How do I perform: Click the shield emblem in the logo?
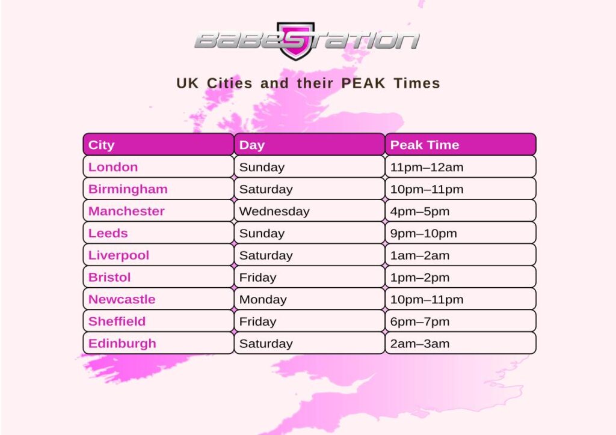coord(295,41)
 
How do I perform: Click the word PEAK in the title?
coord(365,84)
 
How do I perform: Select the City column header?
coord(158,145)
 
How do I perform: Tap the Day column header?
coord(309,145)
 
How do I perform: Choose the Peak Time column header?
coord(460,145)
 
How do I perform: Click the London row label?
coord(113,167)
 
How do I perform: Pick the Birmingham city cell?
coord(128,189)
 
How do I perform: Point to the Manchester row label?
coord(126,211)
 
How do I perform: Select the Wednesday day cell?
coord(274,211)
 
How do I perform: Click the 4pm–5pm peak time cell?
coord(420,211)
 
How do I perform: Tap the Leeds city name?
coord(108,233)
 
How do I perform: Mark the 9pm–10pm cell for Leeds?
coord(423,233)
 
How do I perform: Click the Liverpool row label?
coord(119,255)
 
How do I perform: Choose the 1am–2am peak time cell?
coord(420,255)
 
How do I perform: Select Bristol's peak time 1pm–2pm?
coord(420,278)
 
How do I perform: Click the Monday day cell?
coord(263,299)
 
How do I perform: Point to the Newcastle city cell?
coord(122,299)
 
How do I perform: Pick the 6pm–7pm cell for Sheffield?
coord(420,321)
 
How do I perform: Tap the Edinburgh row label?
coord(122,344)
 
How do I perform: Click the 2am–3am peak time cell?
coord(420,344)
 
